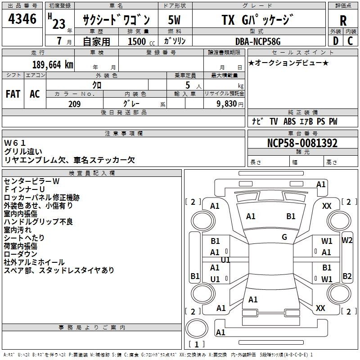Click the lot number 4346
(22, 18)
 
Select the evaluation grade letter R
(343, 21)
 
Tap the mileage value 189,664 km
(53, 65)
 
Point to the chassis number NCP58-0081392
(302, 143)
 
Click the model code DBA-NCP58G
(258, 41)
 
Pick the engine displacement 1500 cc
(141, 41)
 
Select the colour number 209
(74, 104)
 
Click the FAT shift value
(13, 94)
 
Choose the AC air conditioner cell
(35, 94)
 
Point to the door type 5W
(174, 20)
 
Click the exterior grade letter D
(336, 41)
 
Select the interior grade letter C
(350, 41)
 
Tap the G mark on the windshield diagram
(284, 237)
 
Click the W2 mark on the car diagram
(346, 240)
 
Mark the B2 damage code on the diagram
(347, 276)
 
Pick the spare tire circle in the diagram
(197, 328)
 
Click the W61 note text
(14, 143)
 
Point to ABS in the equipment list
(289, 121)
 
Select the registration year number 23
(59, 24)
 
